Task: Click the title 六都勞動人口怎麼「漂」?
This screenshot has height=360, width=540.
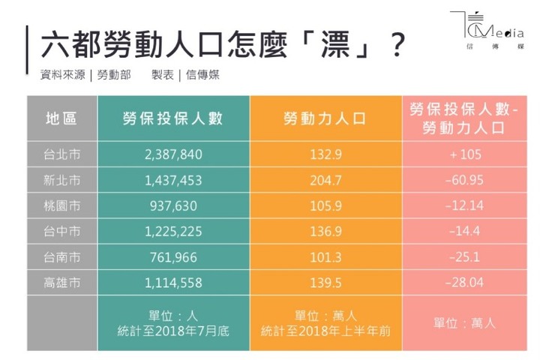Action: (x=217, y=46)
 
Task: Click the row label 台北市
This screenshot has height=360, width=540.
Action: (x=61, y=155)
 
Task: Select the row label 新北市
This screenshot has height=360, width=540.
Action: (x=61, y=181)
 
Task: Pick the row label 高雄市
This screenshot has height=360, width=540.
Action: (x=61, y=282)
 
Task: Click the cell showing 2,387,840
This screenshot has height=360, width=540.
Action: (x=173, y=155)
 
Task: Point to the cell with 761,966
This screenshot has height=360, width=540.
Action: (x=173, y=257)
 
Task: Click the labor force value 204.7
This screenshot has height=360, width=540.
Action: (x=325, y=181)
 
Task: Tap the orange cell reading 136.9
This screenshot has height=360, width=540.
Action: (x=325, y=232)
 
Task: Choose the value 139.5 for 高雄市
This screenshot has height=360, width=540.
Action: (x=325, y=282)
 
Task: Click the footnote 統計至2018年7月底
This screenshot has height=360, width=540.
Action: (x=173, y=331)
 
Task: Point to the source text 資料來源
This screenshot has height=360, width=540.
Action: (x=63, y=76)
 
